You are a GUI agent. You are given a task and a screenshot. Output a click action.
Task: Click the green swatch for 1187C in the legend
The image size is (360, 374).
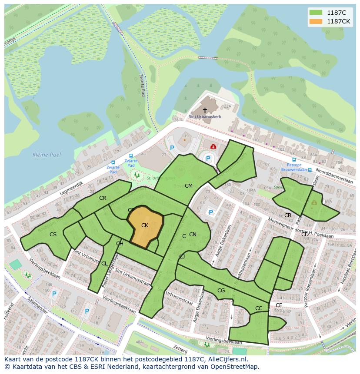coord(316,13)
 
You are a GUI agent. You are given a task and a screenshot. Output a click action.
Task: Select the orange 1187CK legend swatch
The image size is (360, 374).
coord(316,21)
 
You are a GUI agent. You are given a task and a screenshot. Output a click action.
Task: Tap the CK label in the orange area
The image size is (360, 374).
coord(145,225)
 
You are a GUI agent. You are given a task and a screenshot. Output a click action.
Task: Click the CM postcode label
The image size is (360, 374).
coord(188,186)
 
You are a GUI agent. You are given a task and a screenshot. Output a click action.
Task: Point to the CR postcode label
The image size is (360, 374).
coord(103,198)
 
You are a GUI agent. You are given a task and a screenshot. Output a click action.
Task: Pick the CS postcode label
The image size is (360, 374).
coord(53,235)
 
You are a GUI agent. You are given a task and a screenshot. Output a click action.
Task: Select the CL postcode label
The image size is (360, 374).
coord(104,264)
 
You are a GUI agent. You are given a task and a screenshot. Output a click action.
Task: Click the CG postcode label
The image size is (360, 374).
coord(221,291)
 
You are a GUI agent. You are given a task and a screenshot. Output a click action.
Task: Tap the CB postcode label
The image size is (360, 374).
coord(287,215)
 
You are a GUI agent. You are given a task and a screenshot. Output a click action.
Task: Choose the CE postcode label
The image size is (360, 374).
coord(279,305)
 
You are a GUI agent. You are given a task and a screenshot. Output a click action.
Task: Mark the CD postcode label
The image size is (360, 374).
coord(305,235)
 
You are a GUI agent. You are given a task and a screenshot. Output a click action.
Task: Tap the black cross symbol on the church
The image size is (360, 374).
coord(205,110)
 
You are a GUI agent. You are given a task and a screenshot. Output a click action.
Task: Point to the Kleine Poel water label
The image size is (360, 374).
coord(47,155)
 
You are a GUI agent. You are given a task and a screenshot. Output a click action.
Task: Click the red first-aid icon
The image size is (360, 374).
coord(213,147)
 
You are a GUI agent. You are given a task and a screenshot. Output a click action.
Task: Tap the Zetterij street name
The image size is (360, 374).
coord(180,349)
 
